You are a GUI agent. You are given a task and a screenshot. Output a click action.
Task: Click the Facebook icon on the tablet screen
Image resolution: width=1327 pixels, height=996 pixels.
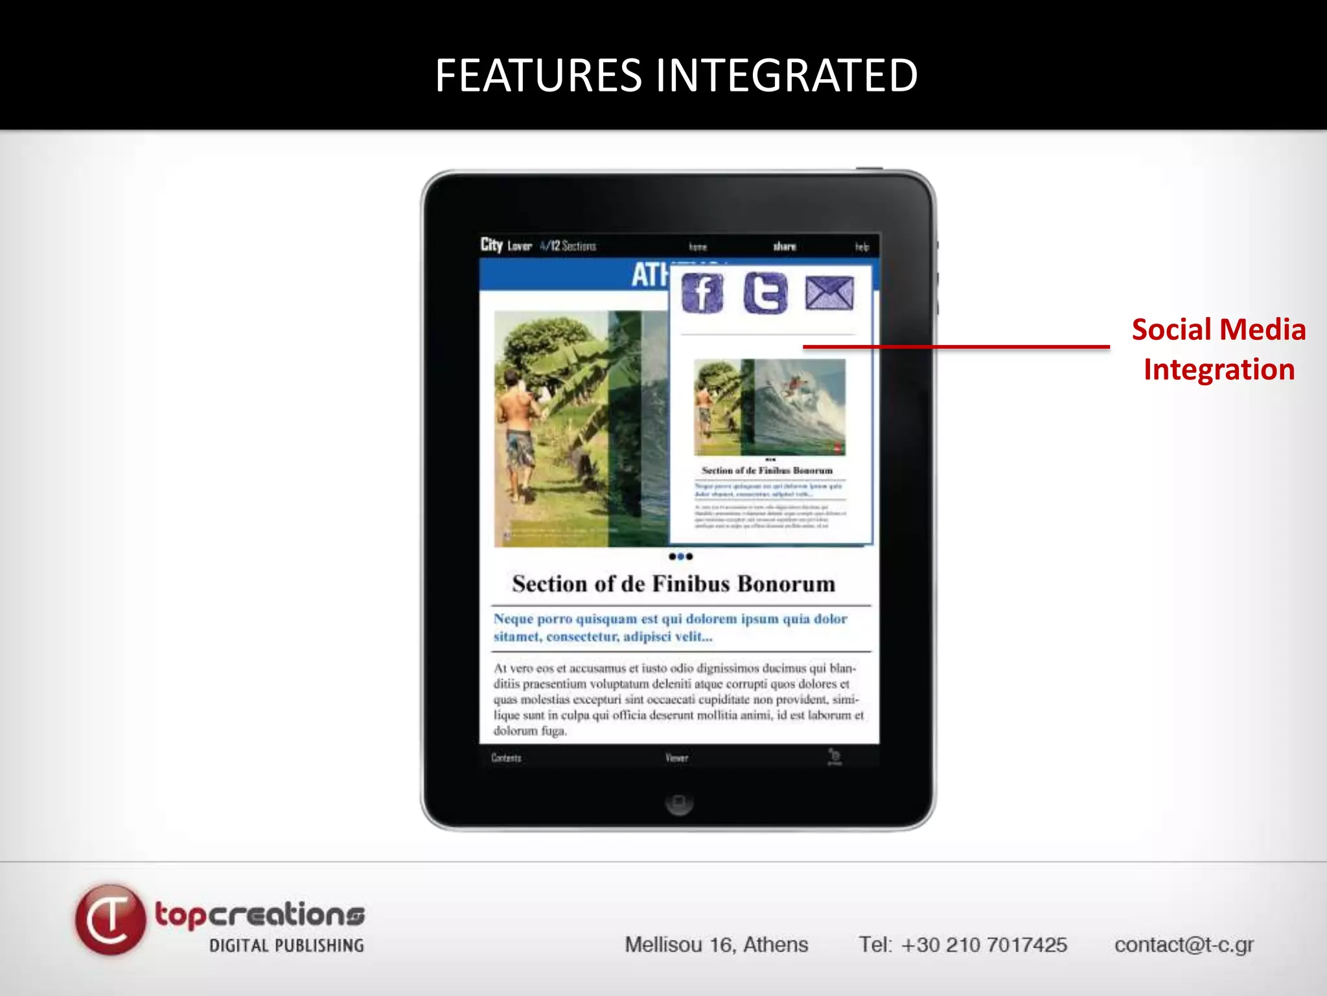(702, 293)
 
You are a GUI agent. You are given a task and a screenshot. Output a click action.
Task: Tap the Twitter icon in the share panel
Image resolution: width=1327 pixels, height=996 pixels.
(765, 293)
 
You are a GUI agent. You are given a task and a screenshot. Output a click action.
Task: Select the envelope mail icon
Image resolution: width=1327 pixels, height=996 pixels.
(829, 293)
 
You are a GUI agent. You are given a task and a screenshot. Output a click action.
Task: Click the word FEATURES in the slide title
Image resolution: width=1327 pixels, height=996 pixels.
(538, 76)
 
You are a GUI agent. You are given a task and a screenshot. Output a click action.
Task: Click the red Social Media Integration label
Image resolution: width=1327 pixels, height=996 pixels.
(1218, 350)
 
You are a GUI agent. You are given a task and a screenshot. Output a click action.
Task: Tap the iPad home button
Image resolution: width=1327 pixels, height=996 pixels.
(678, 803)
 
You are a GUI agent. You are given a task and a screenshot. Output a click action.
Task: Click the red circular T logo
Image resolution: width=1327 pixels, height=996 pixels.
(110, 919)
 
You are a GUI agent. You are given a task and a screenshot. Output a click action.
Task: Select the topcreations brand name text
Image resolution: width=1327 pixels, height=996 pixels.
(259, 915)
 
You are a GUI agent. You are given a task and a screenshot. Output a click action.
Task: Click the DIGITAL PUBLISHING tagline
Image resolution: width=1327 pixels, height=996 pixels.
(286, 945)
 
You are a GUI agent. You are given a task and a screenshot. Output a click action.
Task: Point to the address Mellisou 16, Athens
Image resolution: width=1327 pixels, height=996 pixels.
(716, 945)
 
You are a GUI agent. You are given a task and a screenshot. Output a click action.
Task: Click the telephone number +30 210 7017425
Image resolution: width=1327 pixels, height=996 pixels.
(963, 945)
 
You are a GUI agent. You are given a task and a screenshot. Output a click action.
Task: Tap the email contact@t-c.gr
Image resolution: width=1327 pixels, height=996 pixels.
(1184, 945)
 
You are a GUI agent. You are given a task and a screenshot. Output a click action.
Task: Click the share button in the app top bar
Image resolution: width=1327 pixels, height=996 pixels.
(784, 246)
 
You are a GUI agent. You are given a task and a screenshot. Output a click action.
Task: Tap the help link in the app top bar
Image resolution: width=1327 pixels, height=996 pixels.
(861, 247)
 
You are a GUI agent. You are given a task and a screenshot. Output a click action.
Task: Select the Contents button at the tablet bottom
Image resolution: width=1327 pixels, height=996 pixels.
(506, 757)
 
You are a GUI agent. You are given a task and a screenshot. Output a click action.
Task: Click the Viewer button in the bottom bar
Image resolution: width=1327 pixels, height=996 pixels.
(676, 757)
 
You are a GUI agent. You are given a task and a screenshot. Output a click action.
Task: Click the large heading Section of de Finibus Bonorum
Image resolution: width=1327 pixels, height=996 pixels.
(674, 584)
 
